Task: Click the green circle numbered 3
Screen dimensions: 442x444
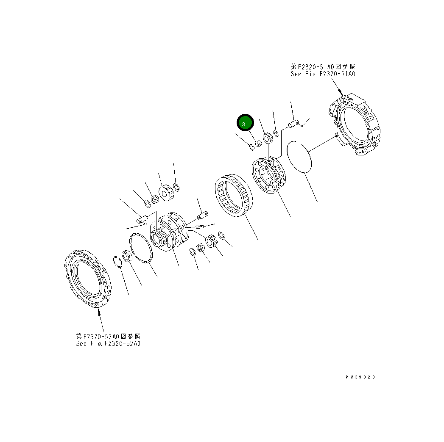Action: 245,123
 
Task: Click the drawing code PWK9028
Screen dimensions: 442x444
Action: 360,377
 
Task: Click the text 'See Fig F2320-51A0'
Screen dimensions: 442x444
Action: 323,74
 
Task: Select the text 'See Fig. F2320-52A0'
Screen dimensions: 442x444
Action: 108,343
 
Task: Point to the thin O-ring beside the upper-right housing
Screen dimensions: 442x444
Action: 299,157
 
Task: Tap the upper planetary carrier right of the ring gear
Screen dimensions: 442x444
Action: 269,176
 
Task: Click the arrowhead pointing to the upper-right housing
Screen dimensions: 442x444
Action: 341,93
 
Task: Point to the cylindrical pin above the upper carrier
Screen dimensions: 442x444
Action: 293,125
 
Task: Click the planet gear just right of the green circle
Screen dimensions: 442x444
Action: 268,138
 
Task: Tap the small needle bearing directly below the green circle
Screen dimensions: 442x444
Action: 258,144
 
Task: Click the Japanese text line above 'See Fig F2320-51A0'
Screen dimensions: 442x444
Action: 323,66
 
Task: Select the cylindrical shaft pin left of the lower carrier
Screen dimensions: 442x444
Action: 141,220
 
